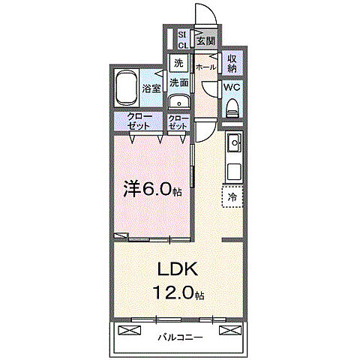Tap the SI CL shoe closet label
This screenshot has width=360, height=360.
tap(183, 40)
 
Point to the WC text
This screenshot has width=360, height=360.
tap(232, 87)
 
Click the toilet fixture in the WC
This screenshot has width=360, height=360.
tap(232, 107)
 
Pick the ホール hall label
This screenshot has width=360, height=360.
tap(205, 67)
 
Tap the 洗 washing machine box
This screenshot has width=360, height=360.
tap(178, 63)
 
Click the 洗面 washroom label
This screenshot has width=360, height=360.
tap(178, 82)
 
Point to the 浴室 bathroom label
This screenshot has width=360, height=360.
tap(151, 88)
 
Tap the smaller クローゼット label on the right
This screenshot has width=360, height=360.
tap(178, 122)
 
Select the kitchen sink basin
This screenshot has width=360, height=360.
tap(233, 141)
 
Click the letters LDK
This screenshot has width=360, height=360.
tap(178, 268)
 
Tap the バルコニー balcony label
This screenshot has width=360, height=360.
tap(178, 336)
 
